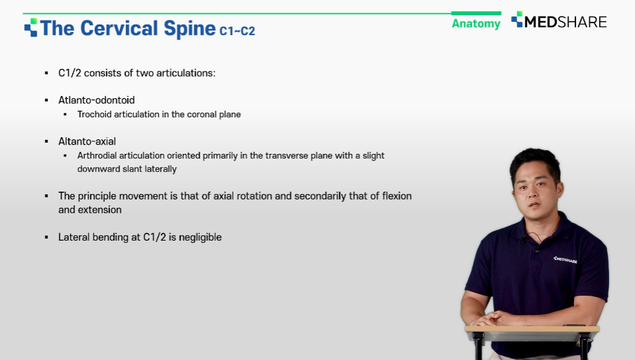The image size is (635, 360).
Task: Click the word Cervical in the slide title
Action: point(119,29)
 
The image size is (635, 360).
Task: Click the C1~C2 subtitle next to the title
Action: point(237,30)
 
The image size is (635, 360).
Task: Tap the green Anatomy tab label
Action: point(476,23)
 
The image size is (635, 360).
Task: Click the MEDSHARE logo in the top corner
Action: point(559,21)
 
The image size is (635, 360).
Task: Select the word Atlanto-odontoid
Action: point(96,100)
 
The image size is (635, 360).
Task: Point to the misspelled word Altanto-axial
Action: point(87,141)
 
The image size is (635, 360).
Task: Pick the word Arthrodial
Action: point(97,156)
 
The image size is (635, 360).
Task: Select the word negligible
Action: point(200,237)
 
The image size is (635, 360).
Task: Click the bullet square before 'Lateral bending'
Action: point(46,237)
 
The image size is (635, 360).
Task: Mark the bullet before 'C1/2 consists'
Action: point(46,73)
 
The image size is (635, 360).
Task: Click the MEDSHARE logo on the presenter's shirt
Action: point(565,260)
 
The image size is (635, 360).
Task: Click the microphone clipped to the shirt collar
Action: point(524,239)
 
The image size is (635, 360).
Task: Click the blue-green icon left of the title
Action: point(30,28)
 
